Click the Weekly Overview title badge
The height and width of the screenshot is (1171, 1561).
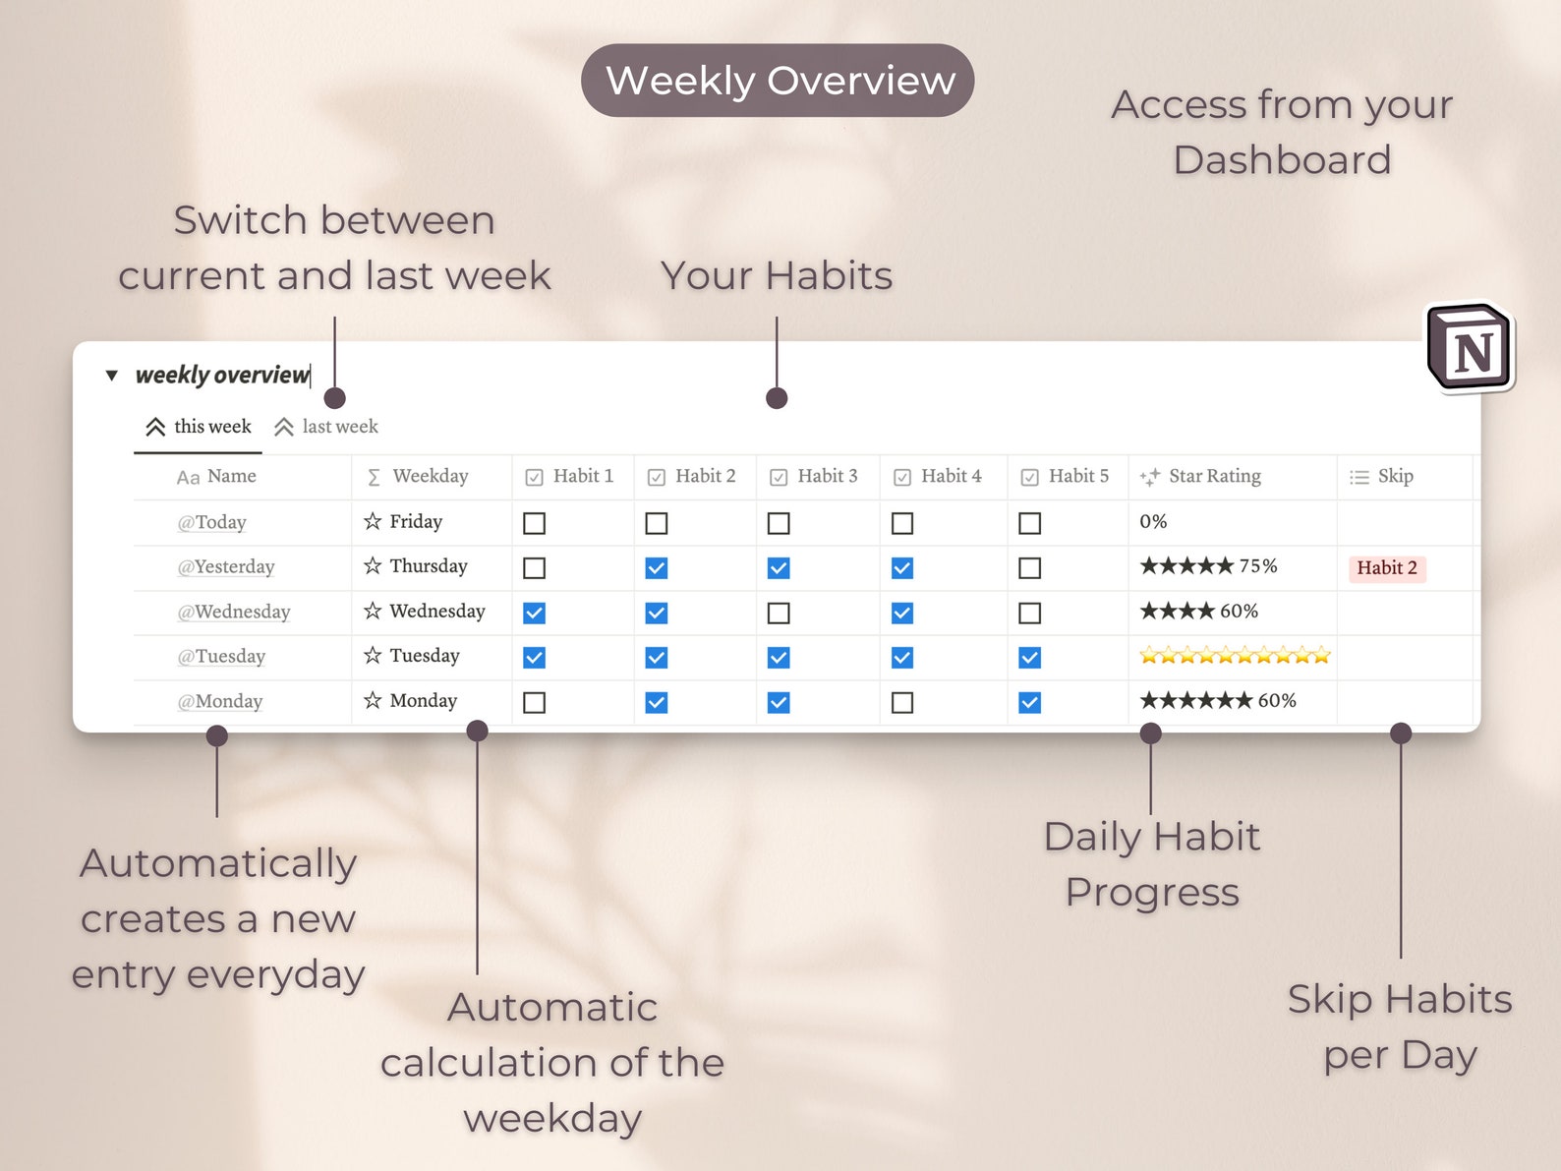click(x=777, y=81)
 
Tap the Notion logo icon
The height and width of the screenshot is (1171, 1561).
click(x=1471, y=348)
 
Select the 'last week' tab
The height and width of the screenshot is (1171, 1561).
click(x=326, y=427)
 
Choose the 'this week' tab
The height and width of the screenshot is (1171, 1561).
click(x=199, y=427)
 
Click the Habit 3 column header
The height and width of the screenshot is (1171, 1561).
click(x=816, y=477)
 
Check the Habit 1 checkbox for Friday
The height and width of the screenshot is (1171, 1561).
click(x=534, y=523)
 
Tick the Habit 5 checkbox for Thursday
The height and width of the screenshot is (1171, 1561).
click(x=1029, y=568)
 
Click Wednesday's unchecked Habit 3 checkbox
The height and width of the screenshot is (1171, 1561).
click(x=779, y=614)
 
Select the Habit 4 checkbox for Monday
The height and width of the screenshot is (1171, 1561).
click(x=902, y=703)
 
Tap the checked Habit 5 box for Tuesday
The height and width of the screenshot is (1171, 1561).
click(x=1029, y=658)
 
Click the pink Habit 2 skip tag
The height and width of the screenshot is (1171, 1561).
click(x=1386, y=568)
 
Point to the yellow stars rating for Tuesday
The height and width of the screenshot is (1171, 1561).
click(x=1235, y=656)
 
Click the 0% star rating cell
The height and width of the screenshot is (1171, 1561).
click(x=1153, y=522)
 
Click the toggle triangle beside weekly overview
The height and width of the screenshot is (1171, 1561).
click(x=112, y=376)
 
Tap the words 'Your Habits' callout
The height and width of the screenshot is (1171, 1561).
click(x=777, y=276)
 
